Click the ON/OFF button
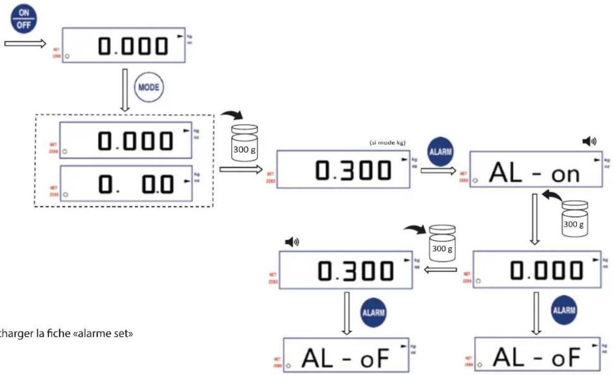24,20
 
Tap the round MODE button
148,88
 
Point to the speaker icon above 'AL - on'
589,141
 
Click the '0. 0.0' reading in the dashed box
136,185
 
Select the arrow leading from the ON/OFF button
25,44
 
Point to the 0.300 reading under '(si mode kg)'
353,170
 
